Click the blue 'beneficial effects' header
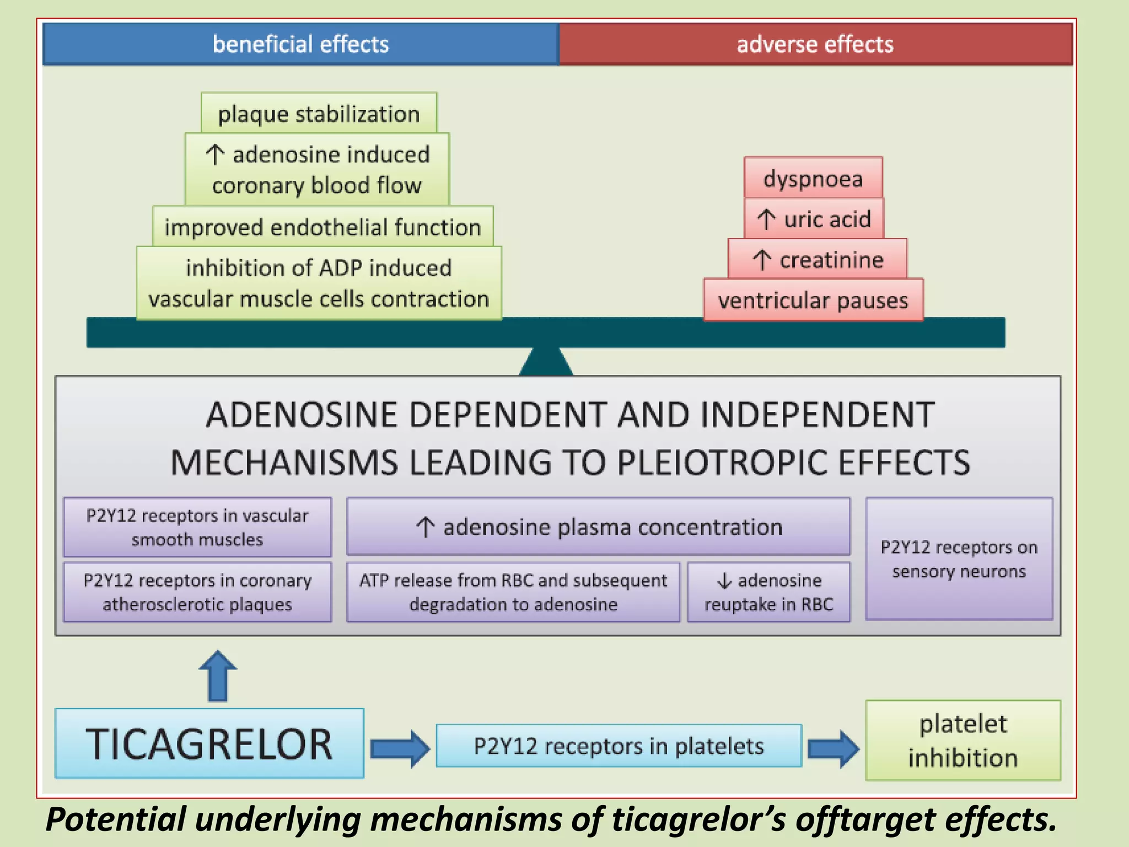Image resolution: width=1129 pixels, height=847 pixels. coord(300,44)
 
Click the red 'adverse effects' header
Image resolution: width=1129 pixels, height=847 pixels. coord(815,44)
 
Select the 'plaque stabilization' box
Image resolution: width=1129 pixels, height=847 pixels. coord(319,114)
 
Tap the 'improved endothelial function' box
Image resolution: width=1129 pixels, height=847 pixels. coord(322,227)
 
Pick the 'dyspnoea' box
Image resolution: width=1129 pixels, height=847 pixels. coord(813,178)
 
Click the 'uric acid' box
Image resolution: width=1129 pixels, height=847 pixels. coord(814,219)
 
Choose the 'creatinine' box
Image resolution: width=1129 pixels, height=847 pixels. coord(817,259)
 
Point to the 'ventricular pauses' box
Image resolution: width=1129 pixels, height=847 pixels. coord(813,300)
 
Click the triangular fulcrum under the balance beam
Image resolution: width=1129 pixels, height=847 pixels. coord(546,363)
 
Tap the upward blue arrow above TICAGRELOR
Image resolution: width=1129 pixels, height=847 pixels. coord(218,676)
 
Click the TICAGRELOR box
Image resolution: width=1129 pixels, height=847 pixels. coord(209,743)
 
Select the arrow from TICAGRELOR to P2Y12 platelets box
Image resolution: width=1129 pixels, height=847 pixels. coord(400,748)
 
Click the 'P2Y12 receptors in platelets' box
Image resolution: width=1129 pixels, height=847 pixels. coord(619,746)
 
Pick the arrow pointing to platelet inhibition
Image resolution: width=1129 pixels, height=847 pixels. coord(833,748)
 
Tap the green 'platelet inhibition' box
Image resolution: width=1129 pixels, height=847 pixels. coord(963,741)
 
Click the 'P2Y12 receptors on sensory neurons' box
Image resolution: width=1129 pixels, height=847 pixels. coord(959,559)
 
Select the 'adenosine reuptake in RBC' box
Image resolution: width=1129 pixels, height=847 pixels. coord(768,592)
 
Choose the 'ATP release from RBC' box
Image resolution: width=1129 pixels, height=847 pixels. coord(513,592)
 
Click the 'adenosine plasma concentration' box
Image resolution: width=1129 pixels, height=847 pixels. coord(598,527)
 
